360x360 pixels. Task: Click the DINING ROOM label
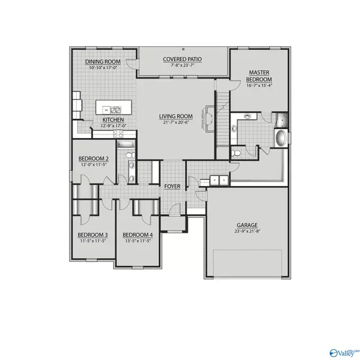tap(103, 61)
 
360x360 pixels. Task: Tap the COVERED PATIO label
tap(182, 59)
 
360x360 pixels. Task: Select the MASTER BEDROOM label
tap(260, 76)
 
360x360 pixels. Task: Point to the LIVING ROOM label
tap(175, 116)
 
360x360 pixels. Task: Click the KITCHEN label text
tap(113, 120)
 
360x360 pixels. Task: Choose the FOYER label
tap(173, 187)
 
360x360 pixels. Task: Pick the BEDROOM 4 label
tap(137, 235)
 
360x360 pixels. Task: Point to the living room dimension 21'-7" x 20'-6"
tap(175, 122)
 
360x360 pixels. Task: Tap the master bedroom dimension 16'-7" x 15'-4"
tap(260, 85)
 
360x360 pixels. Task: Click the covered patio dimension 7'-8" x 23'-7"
tap(182, 65)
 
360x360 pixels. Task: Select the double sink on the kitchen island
tap(114, 110)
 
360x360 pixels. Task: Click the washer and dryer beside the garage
tap(217, 179)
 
